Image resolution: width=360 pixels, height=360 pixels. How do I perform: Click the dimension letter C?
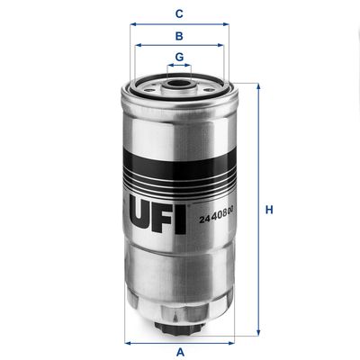(x=179, y=13)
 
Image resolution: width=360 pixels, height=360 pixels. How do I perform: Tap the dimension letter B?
(x=179, y=36)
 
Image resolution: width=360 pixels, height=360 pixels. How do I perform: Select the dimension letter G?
(x=179, y=58)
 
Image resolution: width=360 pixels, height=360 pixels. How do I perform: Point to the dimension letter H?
(x=267, y=211)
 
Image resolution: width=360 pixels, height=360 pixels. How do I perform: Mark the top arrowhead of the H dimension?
(x=258, y=86)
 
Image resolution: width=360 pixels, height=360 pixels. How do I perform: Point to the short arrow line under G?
(x=179, y=68)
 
